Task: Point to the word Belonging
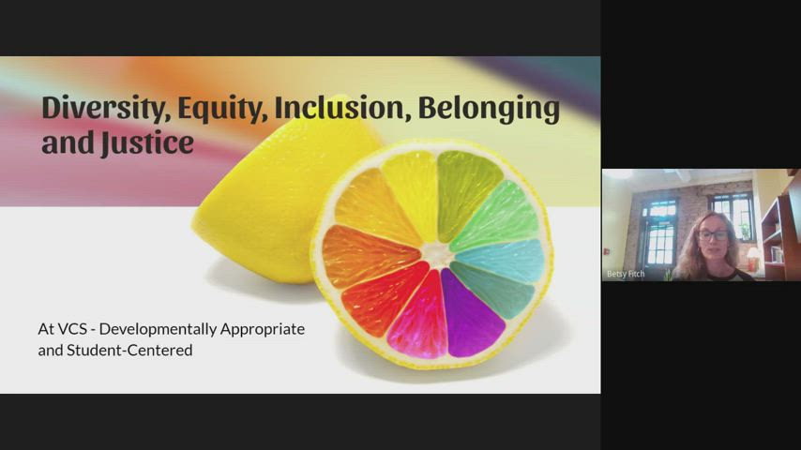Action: pos(490,109)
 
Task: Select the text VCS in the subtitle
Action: pos(72,329)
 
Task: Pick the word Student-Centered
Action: pos(129,351)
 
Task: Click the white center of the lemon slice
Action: pos(437,253)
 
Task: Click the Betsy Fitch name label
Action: pos(626,274)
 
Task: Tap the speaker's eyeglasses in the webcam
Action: pos(713,235)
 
